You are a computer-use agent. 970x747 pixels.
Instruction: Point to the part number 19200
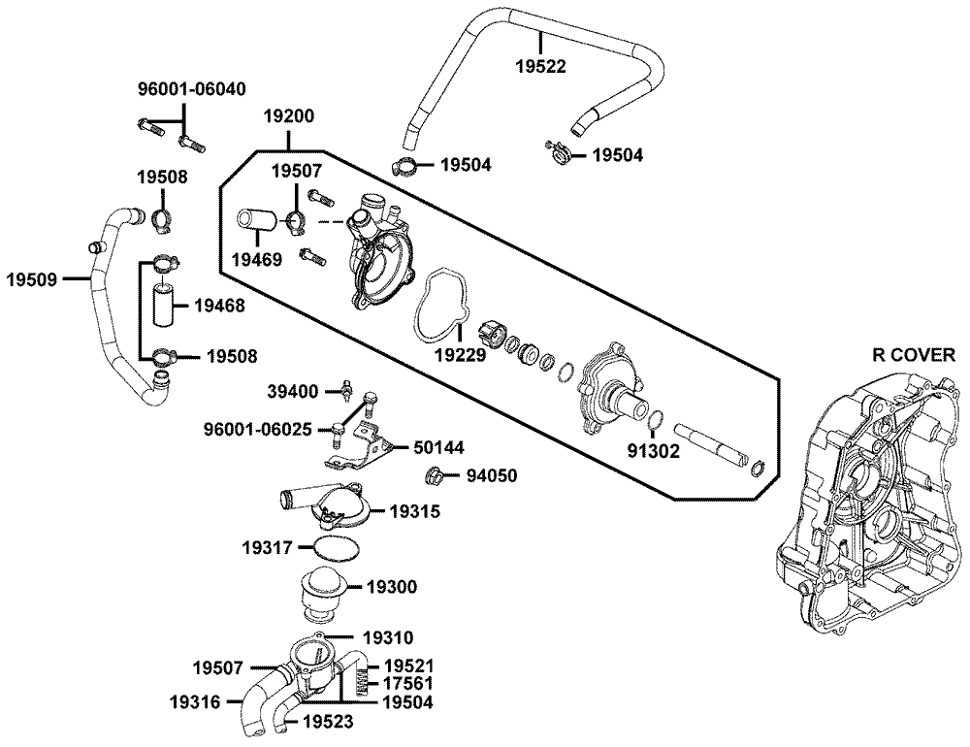(x=289, y=115)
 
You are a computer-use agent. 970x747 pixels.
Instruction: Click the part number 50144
(x=437, y=447)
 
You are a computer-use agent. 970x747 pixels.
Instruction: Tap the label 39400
(x=293, y=391)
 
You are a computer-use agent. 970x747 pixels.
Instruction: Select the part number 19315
(x=414, y=509)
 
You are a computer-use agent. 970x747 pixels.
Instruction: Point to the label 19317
(x=267, y=547)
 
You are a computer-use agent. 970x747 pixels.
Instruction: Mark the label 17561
(x=408, y=683)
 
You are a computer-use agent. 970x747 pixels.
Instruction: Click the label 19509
(x=32, y=279)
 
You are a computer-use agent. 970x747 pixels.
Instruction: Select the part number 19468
(x=218, y=305)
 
